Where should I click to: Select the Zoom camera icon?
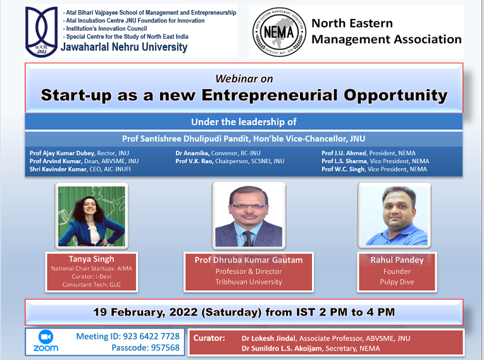(x=46, y=336)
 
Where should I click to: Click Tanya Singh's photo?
(x=92, y=216)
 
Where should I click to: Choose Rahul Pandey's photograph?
(x=394, y=217)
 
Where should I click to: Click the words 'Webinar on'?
(x=244, y=78)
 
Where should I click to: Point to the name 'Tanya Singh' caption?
(x=91, y=259)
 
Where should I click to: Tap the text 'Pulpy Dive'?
(x=397, y=282)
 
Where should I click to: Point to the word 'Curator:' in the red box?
(x=209, y=338)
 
